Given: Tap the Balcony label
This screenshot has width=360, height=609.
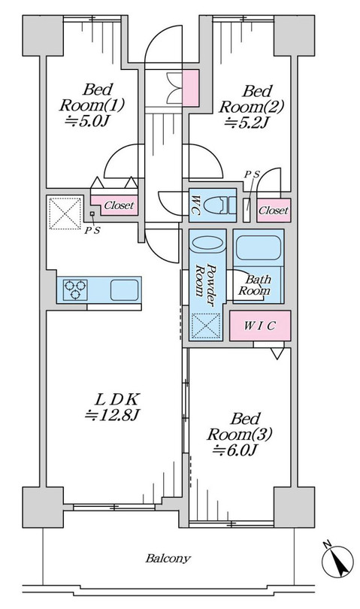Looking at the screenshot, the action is (x=168, y=559).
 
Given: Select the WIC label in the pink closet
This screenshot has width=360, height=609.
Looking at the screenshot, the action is (x=259, y=326).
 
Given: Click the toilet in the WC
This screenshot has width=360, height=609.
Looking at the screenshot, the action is (x=219, y=205).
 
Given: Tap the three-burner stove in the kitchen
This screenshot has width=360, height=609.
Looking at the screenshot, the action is (x=75, y=289).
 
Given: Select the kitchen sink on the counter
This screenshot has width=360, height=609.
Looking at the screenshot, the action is (x=124, y=289).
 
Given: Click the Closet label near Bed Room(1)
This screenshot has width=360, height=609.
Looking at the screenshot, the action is (x=119, y=205).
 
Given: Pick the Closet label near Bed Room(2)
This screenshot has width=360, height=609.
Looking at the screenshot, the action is (x=274, y=211).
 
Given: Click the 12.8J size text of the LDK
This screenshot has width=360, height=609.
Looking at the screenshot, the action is (x=112, y=415).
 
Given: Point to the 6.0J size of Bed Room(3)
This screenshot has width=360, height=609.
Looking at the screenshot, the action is (x=236, y=450).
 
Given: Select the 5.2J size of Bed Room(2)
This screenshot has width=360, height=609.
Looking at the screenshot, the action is (x=247, y=123).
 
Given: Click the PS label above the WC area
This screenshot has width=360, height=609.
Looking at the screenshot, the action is (x=252, y=174).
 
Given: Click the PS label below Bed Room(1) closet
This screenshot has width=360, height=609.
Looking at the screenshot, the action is (x=92, y=230).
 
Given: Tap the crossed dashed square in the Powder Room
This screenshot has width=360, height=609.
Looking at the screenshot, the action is (x=207, y=326).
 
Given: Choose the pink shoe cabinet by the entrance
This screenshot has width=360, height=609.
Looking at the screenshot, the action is (x=191, y=88).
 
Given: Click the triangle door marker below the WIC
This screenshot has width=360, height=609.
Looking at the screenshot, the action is (x=277, y=353).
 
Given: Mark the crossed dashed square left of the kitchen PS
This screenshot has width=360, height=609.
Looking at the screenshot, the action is (x=65, y=213).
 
